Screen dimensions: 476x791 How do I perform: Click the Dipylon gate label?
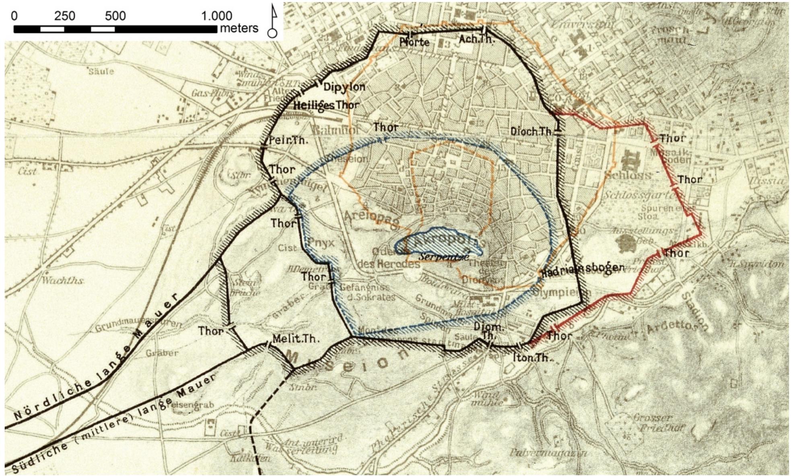(344, 87)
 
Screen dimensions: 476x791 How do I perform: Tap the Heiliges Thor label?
(326, 106)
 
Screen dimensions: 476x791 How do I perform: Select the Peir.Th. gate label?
(288, 141)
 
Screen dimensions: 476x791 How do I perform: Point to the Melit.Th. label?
(296, 339)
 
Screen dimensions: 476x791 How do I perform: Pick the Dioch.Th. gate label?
(531, 131)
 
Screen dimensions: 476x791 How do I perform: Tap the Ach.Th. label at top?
(476, 39)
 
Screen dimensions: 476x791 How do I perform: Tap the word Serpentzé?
(444, 256)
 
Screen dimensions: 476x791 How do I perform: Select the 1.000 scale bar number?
(216, 16)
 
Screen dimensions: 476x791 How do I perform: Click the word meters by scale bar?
(239, 29)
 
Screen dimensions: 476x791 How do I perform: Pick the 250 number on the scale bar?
(65, 16)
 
